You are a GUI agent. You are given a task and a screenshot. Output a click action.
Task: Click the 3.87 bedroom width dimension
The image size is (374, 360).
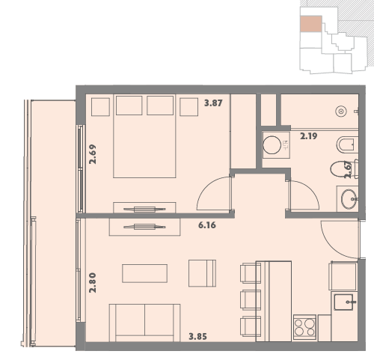coord(213,103)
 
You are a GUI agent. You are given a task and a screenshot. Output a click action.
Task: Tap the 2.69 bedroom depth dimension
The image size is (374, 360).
coord(93,154)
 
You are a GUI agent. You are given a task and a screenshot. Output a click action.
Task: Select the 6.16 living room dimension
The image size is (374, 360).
coord(207,225)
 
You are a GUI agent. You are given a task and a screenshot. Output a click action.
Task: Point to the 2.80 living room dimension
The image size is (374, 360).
coord(93,283)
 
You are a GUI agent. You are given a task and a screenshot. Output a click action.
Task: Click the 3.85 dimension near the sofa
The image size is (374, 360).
coord(197,337)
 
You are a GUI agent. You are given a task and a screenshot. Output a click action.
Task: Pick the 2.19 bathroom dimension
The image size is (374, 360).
coord(309,136)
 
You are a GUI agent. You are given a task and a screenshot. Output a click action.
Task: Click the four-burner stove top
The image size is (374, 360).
coord(304,327)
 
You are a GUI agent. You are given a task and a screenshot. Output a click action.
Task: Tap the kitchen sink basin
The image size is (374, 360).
coord(343,302)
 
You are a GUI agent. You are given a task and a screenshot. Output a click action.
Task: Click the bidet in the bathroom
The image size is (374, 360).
coord(347,144)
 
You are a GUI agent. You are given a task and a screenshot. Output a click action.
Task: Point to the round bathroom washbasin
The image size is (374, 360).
coord(349,199)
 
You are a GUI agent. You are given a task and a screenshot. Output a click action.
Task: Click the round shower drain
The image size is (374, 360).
coord(341,112)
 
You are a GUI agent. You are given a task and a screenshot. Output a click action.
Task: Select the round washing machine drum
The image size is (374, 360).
coord(272,145)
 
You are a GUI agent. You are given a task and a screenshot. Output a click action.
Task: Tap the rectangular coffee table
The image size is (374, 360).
coord(144,273)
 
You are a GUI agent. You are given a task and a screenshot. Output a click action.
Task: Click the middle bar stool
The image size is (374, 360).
coord(250,300)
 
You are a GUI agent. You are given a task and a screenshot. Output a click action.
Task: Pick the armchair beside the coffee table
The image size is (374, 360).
coord(202,273)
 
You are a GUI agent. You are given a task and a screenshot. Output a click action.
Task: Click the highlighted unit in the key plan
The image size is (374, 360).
coord(311,24)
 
